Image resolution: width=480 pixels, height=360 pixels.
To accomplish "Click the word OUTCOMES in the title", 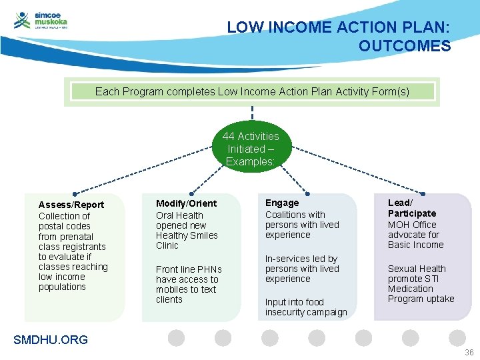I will pyautogui.click(x=404, y=46).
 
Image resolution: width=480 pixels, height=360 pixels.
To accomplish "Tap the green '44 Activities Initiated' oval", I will pyautogui.click(x=251, y=149).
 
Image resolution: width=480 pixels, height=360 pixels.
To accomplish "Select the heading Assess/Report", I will pyautogui.click(x=71, y=205).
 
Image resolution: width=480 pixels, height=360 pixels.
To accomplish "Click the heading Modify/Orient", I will pyautogui.click(x=186, y=203).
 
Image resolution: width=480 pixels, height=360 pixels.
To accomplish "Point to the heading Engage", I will pyautogui.click(x=282, y=203).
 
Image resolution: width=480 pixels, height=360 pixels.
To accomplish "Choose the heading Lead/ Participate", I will pyautogui.click(x=411, y=208).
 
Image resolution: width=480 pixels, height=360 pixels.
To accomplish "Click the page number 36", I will pyautogui.click(x=469, y=352).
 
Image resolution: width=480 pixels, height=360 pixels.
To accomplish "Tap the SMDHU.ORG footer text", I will pyautogui.click(x=51, y=340).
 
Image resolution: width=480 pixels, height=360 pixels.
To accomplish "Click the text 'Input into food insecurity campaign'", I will pyautogui.click(x=305, y=307).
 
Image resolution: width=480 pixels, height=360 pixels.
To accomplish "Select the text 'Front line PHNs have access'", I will pyautogui.click(x=188, y=274).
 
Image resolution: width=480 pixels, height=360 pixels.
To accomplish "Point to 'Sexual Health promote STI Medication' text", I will pyautogui.click(x=417, y=279).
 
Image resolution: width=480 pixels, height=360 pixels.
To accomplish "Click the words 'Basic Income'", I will pyautogui.click(x=415, y=245).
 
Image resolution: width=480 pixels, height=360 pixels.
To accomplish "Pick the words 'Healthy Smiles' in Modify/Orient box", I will pyautogui.click(x=186, y=235).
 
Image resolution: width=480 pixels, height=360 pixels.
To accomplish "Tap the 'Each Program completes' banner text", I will pyautogui.click(x=252, y=91).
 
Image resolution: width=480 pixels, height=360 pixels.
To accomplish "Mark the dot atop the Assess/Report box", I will pyautogui.click(x=75, y=193).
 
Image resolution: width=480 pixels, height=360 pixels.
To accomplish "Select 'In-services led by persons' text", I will pyautogui.click(x=301, y=263).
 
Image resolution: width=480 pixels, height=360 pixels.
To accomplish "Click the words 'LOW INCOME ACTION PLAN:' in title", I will pyautogui.click(x=338, y=27).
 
